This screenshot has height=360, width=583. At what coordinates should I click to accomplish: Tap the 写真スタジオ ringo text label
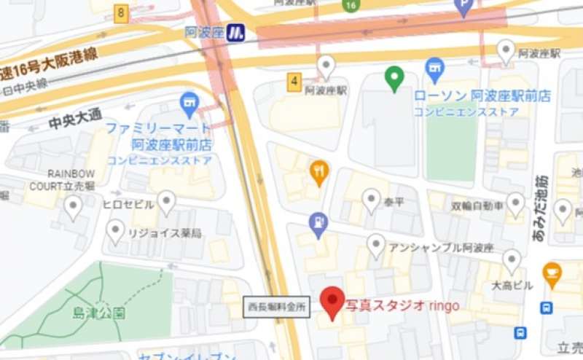tap(402, 305)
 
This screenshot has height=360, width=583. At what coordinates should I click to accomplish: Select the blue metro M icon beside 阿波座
tap(235, 32)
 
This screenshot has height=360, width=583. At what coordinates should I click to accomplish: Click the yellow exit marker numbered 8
tap(121, 12)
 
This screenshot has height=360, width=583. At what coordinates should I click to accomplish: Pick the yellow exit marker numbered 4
tap(294, 82)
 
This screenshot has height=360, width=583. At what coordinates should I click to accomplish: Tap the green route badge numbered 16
tap(351, 6)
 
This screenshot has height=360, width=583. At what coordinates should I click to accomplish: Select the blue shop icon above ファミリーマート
tap(189, 103)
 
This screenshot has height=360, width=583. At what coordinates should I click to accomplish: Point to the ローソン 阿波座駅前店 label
tap(482, 96)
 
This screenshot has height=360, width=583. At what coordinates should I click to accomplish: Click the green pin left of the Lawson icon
tap(394, 77)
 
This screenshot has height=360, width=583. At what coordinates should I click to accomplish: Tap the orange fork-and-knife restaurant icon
tap(318, 172)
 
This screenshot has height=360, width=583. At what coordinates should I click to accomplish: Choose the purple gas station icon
tap(318, 224)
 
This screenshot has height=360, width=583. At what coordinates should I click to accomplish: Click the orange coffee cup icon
tap(552, 274)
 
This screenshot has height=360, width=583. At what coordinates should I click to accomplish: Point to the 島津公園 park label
tap(98, 313)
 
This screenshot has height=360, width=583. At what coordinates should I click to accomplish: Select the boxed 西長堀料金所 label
tap(277, 308)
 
